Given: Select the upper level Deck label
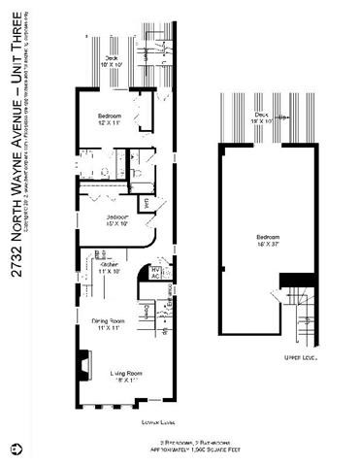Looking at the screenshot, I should (260, 117).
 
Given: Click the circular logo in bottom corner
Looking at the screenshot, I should (14, 450).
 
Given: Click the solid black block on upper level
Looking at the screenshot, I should (291, 280).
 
